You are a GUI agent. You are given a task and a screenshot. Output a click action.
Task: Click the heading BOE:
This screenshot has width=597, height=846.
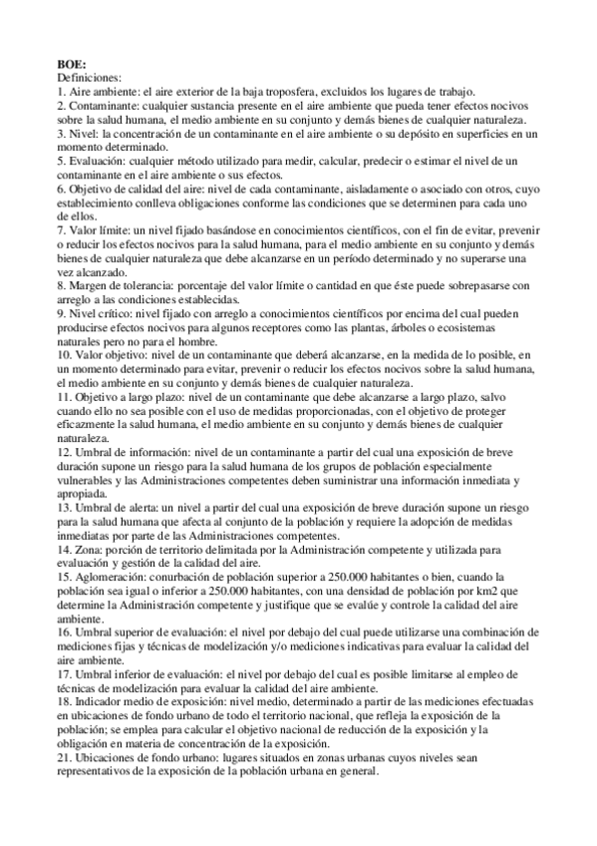coord(73,62)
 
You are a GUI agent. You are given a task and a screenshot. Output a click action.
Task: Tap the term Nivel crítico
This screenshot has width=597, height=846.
coord(103,312)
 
